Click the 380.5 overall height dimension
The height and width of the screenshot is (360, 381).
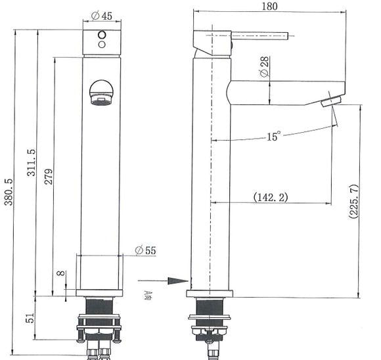pyautogui.click(x=9, y=191)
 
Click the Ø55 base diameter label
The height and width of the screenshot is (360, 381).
pyautogui.click(x=145, y=250)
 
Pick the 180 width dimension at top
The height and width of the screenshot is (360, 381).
pyautogui.click(x=269, y=7)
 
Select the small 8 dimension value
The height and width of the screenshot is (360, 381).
pyautogui.click(x=60, y=274)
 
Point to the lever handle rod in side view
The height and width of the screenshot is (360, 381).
pyautogui.click(x=259, y=37)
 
